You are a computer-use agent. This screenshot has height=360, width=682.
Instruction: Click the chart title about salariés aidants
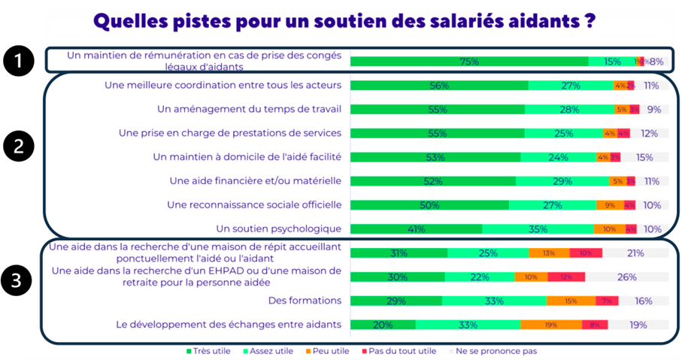345,20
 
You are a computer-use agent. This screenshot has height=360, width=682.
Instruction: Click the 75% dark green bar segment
469,62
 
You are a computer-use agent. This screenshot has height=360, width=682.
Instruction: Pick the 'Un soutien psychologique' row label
278,228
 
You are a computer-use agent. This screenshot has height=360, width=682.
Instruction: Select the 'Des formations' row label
305,301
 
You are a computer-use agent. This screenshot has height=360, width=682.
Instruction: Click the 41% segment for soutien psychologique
417,229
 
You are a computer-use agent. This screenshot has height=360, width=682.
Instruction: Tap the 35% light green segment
538,229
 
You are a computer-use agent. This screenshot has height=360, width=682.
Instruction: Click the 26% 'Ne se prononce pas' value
626,277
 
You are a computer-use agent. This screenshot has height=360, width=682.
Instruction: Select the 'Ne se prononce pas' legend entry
496,350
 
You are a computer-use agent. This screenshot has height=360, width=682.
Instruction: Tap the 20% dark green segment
383,325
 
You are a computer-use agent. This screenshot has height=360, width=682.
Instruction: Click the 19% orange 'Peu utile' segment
550,325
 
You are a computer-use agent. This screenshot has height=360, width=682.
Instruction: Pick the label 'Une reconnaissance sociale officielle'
254,204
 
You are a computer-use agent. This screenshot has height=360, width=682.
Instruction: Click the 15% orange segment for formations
571,301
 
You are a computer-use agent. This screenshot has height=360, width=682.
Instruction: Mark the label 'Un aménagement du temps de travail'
249,109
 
